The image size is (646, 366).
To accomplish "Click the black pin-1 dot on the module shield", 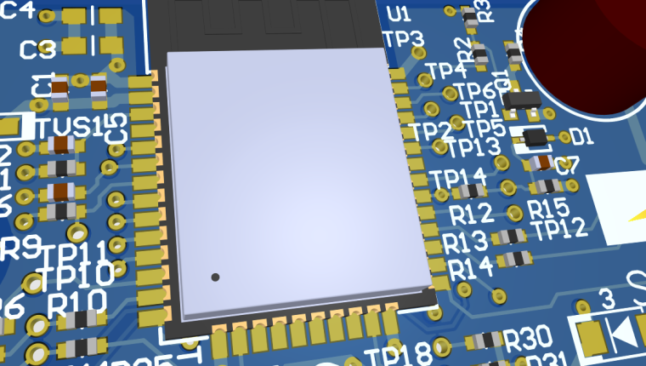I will (215, 277).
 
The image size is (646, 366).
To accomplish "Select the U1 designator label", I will (397, 14).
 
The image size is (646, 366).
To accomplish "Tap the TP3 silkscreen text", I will (404, 38).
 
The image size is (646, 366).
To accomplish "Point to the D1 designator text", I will (581, 136).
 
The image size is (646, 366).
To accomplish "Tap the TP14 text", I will (458, 179).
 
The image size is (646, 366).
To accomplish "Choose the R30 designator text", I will (527, 340).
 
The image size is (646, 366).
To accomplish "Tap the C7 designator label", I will (567, 166).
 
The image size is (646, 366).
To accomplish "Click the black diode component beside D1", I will (535, 136).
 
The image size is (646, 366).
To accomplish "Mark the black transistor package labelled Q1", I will (520, 100).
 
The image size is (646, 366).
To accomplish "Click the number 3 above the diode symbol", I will (606, 298).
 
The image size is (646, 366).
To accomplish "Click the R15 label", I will (548, 208).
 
